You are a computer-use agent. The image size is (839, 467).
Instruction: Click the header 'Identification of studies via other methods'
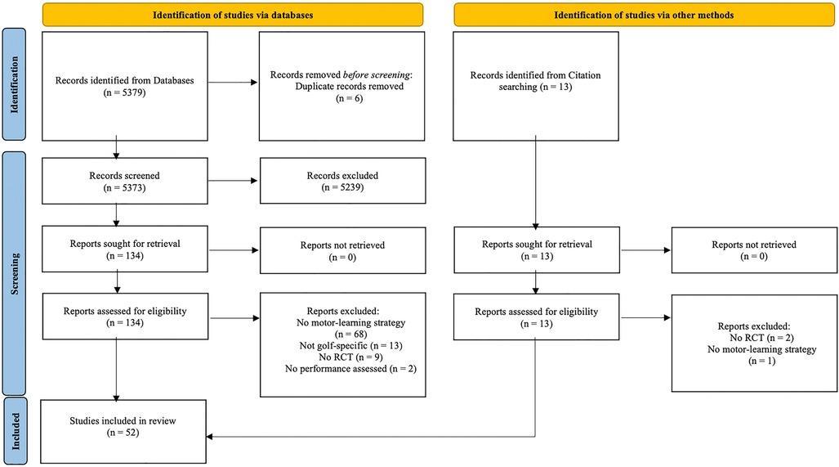(x=644, y=15)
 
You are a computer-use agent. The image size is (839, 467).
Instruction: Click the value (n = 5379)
(x=124, y=93)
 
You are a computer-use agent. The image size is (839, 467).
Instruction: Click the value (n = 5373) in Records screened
(x=124, y=187)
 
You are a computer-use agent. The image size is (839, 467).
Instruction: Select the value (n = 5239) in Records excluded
(x=342, y=187)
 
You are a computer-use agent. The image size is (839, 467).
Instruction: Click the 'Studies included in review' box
(x=123, y=432)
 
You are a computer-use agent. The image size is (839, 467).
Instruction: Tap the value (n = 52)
(x=123, y=433)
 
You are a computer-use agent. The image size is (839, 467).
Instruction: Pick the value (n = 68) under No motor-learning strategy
(x=342, y=335)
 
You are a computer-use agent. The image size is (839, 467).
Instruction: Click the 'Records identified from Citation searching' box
(x=535, y=80)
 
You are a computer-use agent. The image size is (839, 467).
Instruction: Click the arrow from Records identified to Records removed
(x=233, y=81)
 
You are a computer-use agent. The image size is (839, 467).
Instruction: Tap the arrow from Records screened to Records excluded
(x=233, y=180)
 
